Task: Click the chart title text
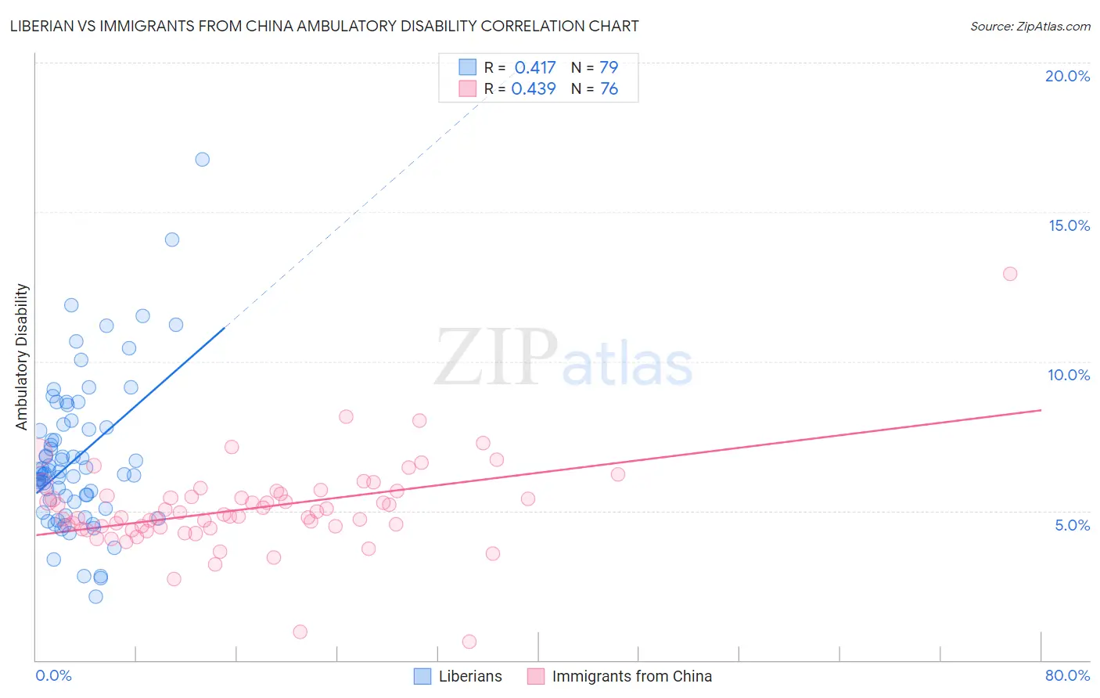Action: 324,26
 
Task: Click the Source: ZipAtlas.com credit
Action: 1030,27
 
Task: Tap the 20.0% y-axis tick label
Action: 1067,76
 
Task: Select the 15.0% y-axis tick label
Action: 1069,225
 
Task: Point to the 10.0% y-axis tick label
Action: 1068,375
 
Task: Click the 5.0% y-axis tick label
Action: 1072,525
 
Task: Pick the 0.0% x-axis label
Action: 53,675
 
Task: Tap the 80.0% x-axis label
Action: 1067,675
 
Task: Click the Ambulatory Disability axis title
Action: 22,357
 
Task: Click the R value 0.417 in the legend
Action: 535,68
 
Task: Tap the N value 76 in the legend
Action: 609,89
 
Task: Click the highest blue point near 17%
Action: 202,160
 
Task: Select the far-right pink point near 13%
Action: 1010,274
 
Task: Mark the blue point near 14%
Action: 172,239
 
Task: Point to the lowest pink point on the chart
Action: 469,642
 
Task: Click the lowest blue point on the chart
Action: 95,596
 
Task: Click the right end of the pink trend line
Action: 1041,410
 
